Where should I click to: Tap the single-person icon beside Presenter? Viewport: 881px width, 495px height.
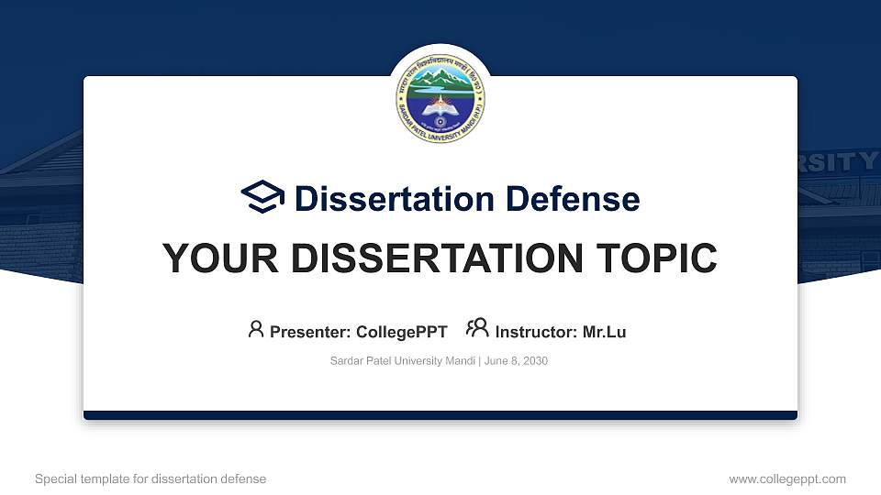(256, 329)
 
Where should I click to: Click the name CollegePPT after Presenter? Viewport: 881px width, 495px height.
(401, 332)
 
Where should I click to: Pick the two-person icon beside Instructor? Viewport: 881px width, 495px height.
(477, 329)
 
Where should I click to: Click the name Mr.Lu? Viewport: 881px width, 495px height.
(605, 332)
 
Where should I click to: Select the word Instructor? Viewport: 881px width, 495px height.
(537, 332)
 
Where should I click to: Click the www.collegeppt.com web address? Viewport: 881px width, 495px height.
(787, 478)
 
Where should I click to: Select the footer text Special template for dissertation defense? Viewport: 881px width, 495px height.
(151, 478)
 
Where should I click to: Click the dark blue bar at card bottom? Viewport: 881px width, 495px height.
(440, 415)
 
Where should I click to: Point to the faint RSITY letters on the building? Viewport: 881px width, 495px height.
(837, 162)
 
